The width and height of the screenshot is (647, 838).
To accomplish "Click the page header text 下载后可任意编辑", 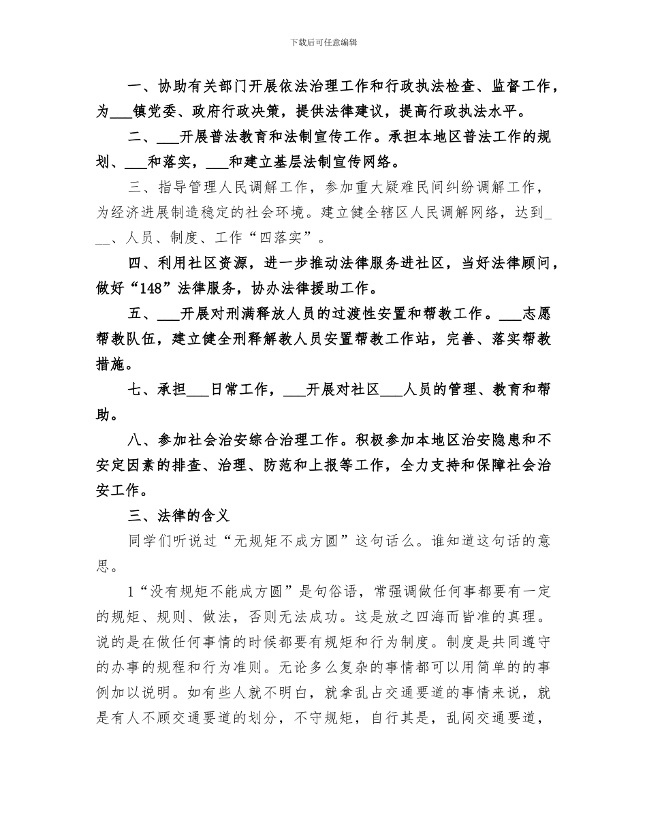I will (x=323, y=42).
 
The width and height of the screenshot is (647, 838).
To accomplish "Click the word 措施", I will (x=110, y=364).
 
